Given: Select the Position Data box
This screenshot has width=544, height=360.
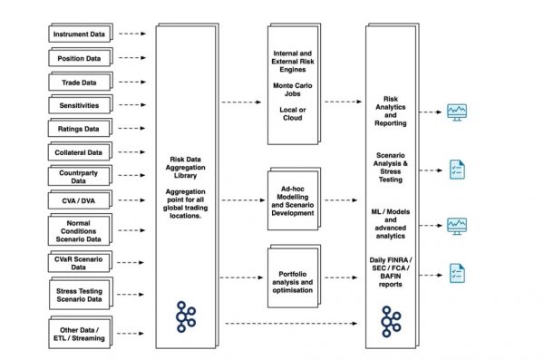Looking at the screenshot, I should [81, 57].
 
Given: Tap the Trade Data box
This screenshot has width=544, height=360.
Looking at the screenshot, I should [81, 81].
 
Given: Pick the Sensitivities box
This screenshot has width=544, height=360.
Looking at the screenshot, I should [81, 104].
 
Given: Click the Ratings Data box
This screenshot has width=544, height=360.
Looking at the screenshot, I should [81, 128].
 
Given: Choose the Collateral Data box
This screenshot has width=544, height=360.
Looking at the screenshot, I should [81, 151].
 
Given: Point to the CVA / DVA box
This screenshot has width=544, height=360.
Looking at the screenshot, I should [81, 199].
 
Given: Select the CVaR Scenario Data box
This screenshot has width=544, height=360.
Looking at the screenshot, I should [81, 263].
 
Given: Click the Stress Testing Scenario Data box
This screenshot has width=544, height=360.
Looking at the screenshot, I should [81, 294].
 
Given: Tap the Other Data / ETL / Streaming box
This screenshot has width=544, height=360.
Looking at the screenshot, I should [81, 333].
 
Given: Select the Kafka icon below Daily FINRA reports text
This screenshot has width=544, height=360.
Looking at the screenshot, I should [391, 318].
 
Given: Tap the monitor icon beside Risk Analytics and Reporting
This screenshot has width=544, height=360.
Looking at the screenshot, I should [457, 113].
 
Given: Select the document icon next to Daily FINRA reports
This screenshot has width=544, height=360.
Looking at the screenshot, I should [458, 270].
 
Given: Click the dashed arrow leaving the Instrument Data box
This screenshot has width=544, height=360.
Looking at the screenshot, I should [131, 34].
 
